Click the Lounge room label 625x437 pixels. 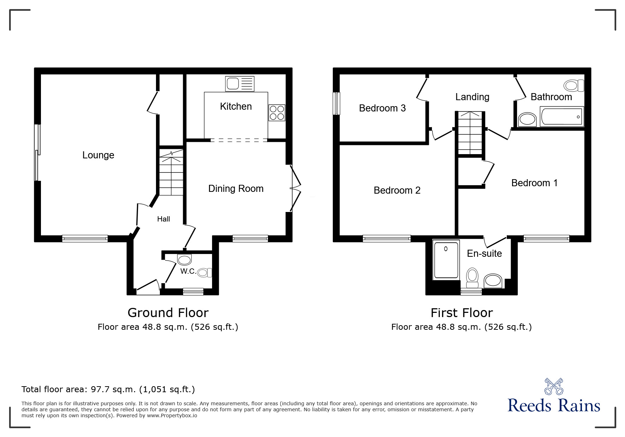98,155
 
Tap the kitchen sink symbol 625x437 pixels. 239,84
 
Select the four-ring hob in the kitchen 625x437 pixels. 277,113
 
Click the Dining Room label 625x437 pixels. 236,189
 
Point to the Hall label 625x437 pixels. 163,219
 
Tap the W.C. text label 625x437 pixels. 188,271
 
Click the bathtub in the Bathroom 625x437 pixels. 561,117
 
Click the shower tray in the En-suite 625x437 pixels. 446,260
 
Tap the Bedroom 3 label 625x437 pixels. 382,108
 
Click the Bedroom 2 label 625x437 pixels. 397,190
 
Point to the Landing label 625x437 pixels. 472,97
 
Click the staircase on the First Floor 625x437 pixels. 470,133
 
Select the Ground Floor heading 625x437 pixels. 168,313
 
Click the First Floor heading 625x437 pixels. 462,313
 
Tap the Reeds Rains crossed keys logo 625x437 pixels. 554,386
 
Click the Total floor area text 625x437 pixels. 108,389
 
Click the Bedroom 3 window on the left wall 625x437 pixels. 337,103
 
